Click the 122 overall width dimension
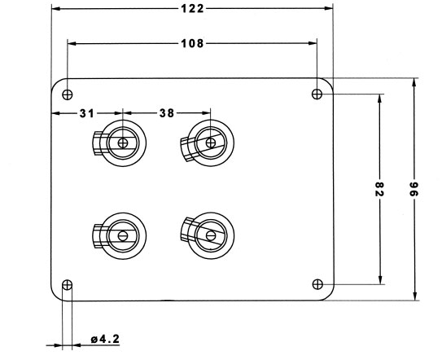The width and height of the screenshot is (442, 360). (192, 9)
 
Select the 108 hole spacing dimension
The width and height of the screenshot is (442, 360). (192, 43)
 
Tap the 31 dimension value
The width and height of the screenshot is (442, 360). (87, 113)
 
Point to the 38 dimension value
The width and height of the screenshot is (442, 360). (167, 113)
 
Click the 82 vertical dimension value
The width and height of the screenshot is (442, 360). (379, 189)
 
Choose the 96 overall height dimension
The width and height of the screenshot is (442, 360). (414, 189)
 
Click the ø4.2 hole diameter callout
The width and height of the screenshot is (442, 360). (106, 339)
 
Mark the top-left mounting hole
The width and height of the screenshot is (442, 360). (67, 94)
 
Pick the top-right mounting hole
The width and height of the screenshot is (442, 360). (317, 94)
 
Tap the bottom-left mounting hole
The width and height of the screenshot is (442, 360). (67, 285)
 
